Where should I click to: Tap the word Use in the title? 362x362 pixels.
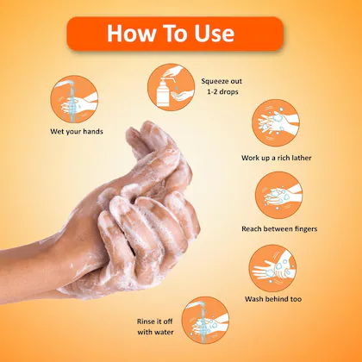[x=211, y=34]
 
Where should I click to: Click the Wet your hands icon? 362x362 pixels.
[x=71, y=97]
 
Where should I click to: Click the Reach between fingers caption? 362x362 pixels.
[x=278, y=228]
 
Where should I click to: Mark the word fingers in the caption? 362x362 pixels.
[x=300, y=228]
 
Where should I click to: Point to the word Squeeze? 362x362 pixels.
[x=214, y=80]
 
